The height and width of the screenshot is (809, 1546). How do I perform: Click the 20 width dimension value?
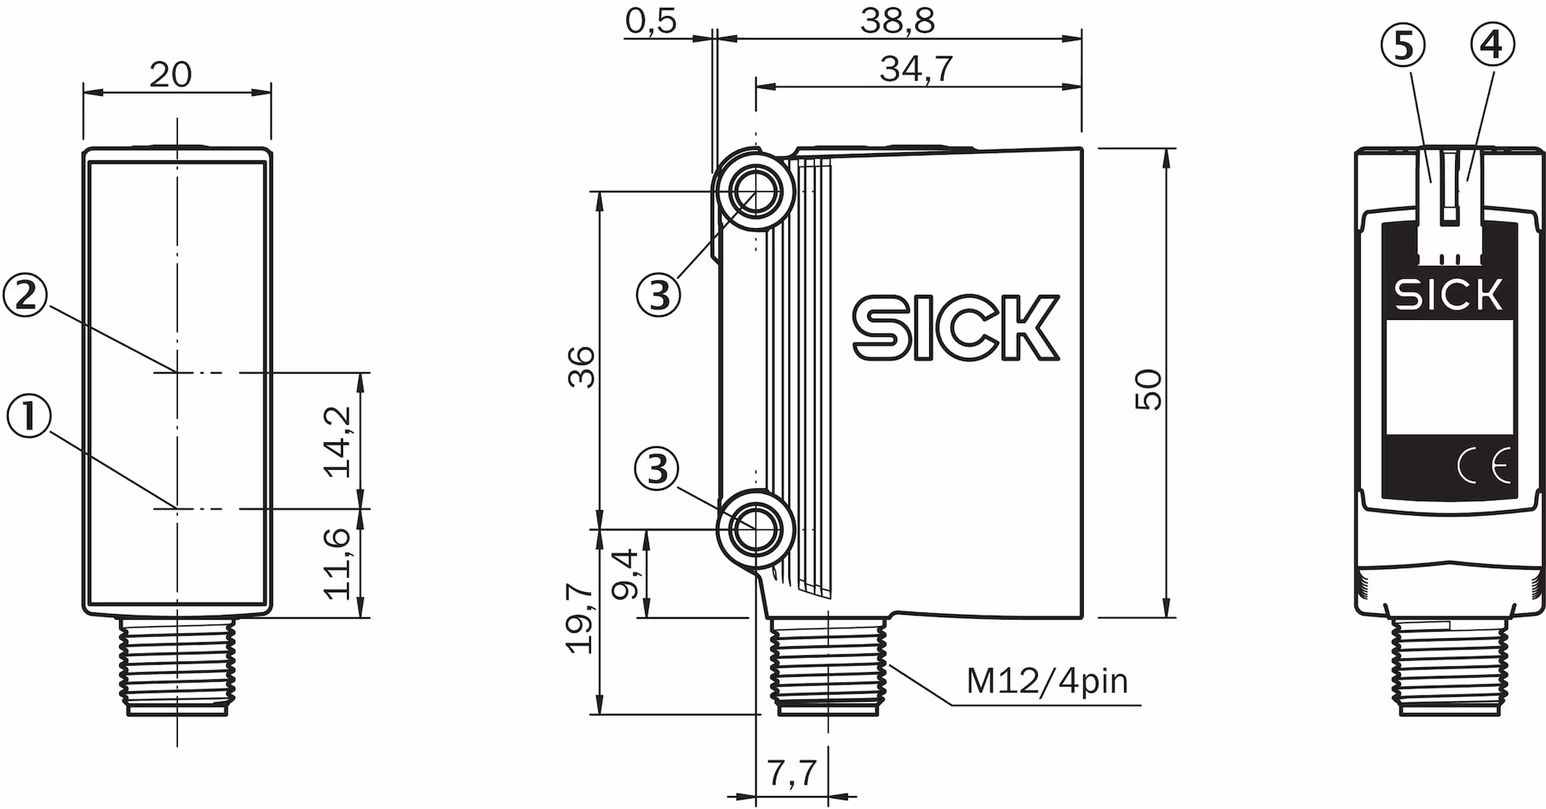[x=171, y=74]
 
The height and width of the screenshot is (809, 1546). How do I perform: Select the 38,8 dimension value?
[x=897, y=22]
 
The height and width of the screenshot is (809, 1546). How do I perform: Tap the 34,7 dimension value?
[x=916, y=68]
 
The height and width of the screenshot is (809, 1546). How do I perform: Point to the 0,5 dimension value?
[x=651, y=22]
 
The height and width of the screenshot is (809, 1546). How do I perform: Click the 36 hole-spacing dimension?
[x=581, y=367]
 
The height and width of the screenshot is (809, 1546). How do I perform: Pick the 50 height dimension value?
[x=1148, y=390]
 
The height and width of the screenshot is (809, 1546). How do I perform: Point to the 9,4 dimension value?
[x=625, y=575]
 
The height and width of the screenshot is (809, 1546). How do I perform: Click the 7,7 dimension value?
[x=792, y=774]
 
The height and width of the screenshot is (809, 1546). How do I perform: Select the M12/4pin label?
[x=1047, y=682]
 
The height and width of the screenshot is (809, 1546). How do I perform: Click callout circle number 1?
[x=28, y=417]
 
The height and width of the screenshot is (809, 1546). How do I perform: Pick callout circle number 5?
[x=1403, y=46]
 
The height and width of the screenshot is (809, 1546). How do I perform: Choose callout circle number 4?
[x=1491, y=46]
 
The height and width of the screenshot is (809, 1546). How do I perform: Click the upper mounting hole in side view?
[x=754, y=192]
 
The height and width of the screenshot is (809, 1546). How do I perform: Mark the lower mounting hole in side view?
[x=754, y=529]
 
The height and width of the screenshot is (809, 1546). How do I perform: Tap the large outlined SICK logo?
[x=957, y=327]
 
